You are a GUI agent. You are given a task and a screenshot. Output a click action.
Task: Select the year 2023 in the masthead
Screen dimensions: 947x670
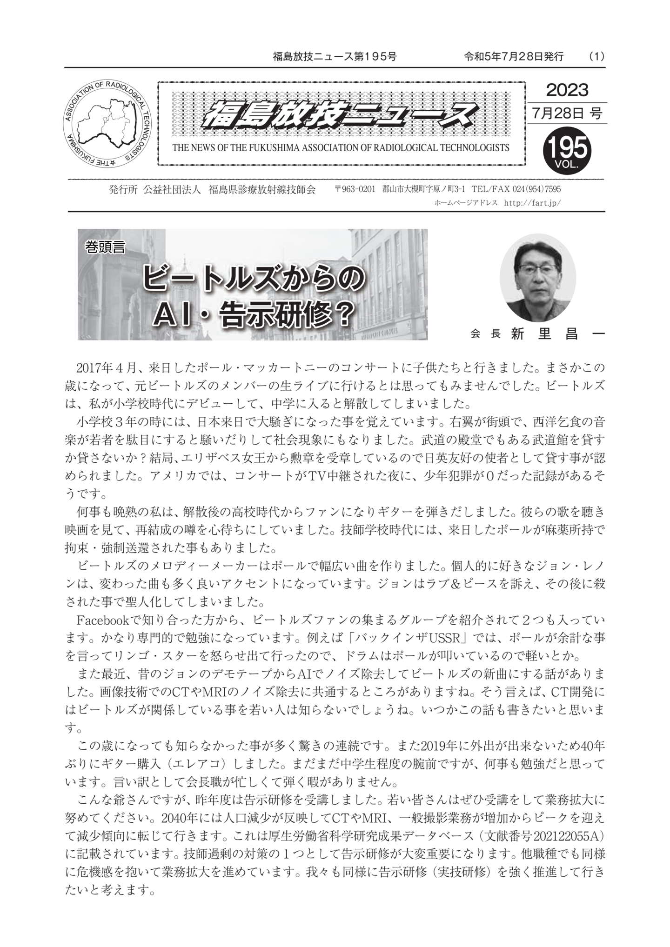(x=567, y=90)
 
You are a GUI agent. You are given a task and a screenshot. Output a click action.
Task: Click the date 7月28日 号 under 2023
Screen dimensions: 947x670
(x=567, y=113)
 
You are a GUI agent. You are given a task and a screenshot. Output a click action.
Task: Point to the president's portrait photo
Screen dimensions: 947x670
(x=537, y=278)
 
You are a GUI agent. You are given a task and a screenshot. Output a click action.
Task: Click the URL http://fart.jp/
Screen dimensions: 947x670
(x=532, y=203)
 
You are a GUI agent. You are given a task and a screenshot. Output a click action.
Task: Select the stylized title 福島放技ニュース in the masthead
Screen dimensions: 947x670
(x=341, y=117)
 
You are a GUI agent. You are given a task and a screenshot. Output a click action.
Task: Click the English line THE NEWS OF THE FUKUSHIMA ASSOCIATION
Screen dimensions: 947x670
(x=341, y=148)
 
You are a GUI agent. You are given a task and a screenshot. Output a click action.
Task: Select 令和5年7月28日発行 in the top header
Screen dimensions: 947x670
(x=514, y=57)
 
